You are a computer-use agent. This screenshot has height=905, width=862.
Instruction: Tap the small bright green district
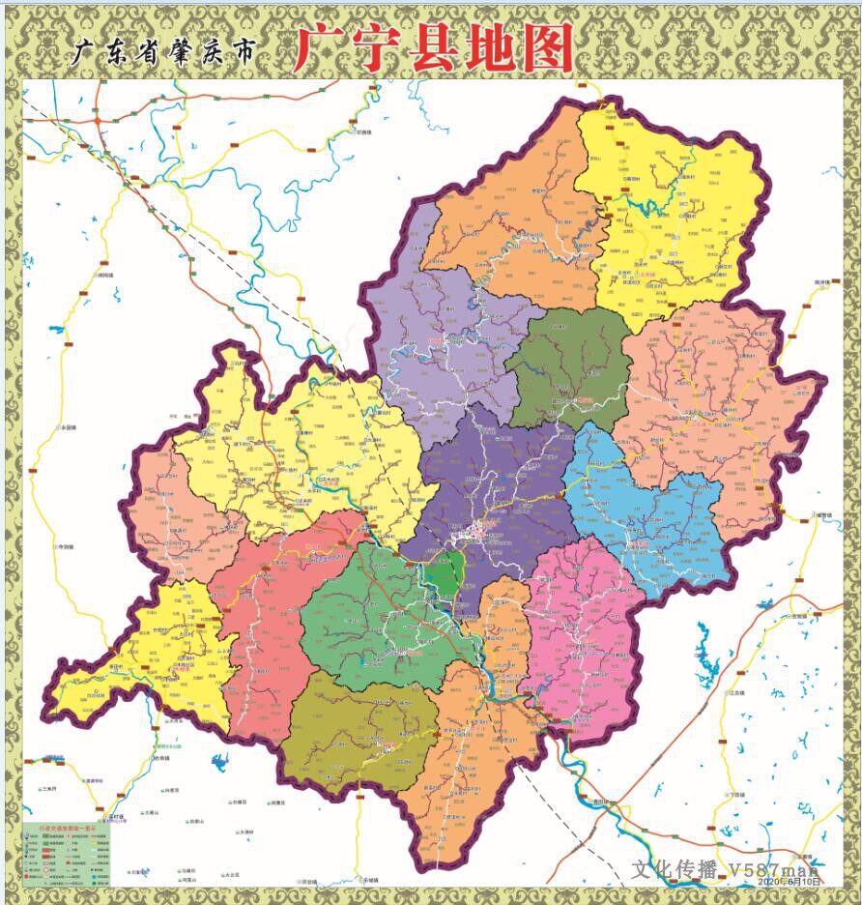[444, 574]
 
